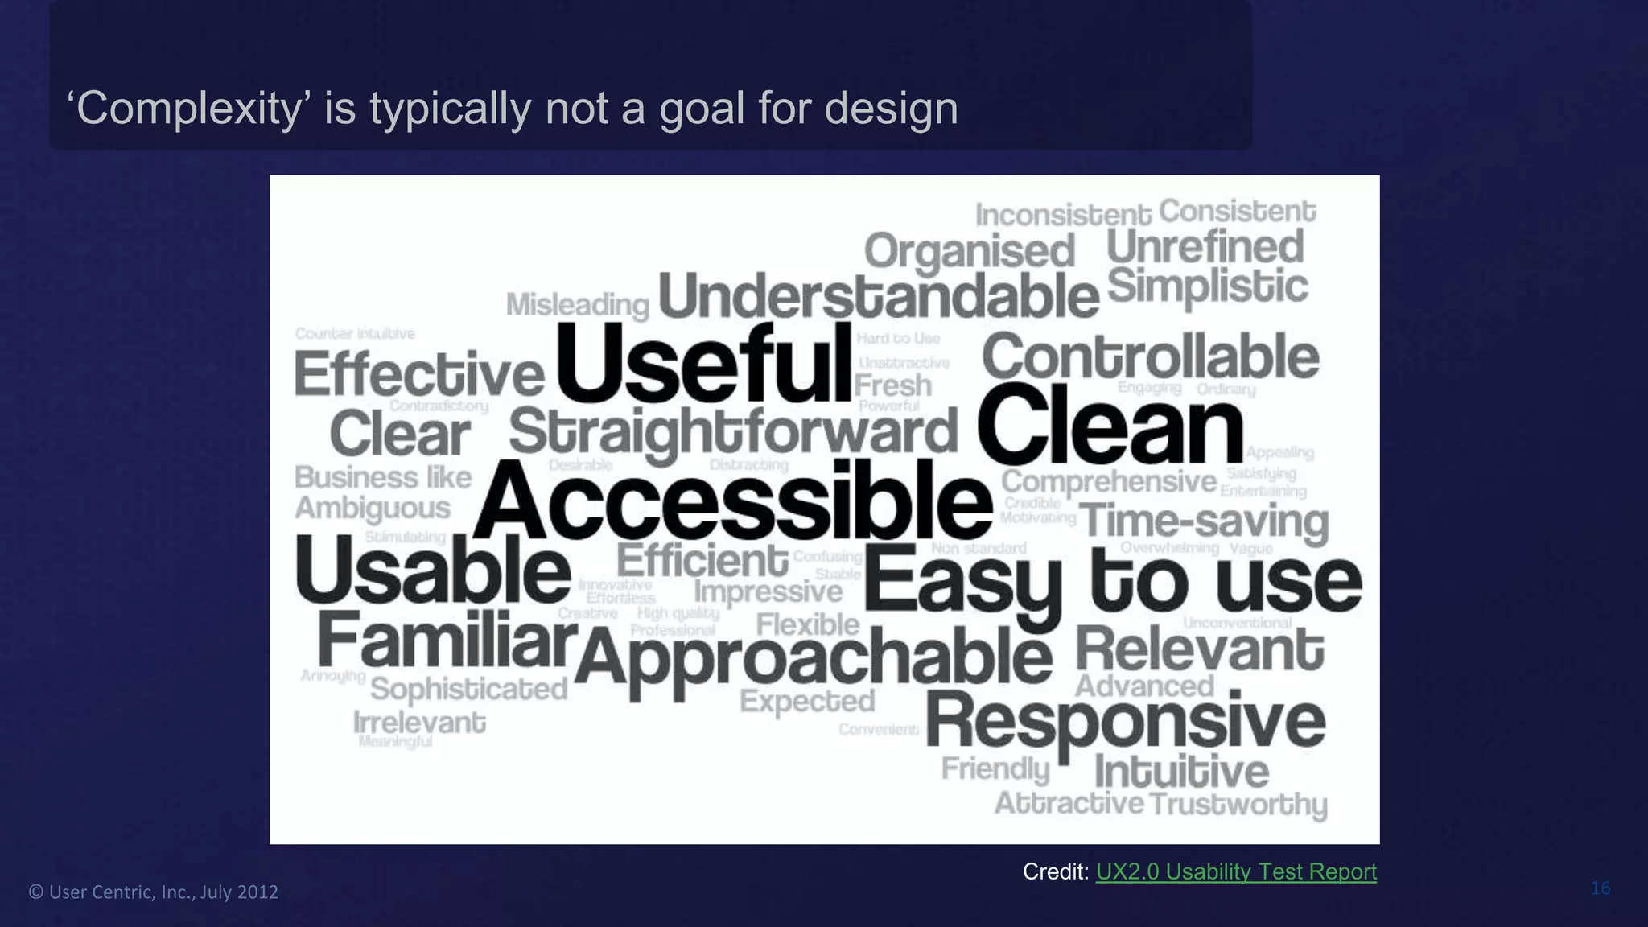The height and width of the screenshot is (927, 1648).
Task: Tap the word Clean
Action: point(1110,424)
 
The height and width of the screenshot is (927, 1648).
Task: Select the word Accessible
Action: point(732,501)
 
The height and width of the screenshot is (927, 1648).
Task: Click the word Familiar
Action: point(447,641)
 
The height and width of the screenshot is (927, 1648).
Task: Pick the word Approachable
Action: point(813,657)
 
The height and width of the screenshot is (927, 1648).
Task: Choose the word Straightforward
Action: point(733,432)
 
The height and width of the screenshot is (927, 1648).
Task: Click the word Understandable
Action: point(879,296)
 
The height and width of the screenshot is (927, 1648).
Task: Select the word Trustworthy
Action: point(1238,804)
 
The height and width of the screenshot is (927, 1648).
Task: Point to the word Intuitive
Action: point(1181,771)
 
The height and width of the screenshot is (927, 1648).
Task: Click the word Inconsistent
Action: point(1063,215)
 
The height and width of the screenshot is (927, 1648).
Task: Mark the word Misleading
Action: point(578,305)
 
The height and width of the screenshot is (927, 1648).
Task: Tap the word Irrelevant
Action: point(419,723)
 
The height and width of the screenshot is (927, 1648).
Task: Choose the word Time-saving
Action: point(1204,521)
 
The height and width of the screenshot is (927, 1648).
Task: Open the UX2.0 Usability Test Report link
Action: point(1236,871)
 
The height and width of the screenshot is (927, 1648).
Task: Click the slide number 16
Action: point(1601,888)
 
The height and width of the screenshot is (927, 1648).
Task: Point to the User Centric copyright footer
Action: point(154,892)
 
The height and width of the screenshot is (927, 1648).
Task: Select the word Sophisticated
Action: point(469,689)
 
